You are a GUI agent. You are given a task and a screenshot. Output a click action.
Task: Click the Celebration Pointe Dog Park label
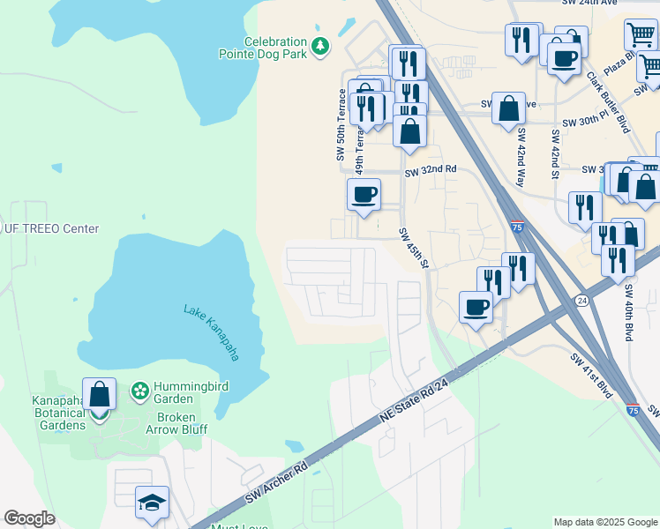point(263,48)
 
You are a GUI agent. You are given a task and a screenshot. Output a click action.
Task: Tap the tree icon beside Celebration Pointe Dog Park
point(321,44)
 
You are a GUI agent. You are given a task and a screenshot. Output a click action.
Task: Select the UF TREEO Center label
point(50,228)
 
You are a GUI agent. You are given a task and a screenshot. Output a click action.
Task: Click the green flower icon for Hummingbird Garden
point(139,390)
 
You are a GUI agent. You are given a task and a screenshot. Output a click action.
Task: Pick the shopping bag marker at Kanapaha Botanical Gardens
point(100,395)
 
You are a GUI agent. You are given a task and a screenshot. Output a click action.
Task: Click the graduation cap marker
point(153,503)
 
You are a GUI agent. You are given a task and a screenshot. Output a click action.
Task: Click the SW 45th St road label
point(413,250)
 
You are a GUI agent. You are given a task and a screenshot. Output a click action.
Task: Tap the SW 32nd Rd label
point(431,168)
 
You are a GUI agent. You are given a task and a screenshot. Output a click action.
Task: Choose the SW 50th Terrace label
point(340,124)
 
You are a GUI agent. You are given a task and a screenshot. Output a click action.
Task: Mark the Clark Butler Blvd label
point(608,101)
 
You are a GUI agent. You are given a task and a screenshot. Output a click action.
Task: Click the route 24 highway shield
point(582,300)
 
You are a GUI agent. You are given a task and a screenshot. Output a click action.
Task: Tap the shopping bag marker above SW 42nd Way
point(509,108)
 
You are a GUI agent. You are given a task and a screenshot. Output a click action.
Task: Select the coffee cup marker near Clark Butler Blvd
point(564,59)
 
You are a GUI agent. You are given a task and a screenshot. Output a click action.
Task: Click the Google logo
point(29,518)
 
